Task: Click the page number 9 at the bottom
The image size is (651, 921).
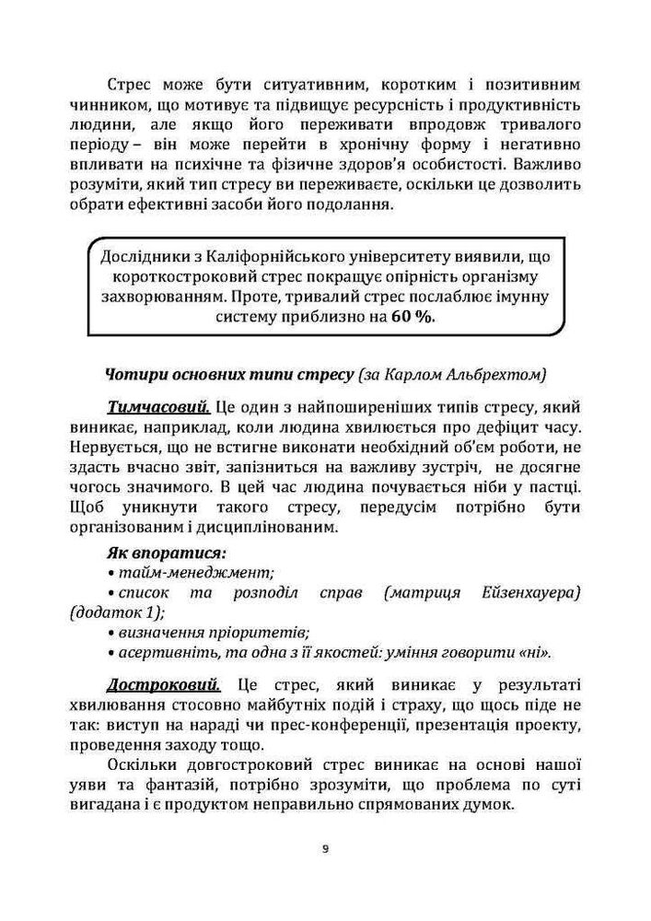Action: click(325, 848)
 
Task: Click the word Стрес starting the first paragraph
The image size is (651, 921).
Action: click(132, 84)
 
